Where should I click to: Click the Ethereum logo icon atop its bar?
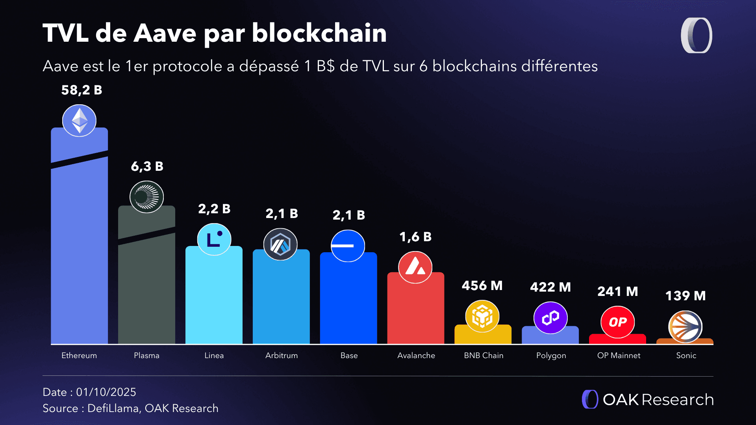[79, 120]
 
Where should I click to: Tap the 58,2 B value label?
[82, 90]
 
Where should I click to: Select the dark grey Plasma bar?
[146, 291]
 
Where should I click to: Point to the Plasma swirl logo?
[146, 197]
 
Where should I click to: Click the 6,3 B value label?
[147, 166]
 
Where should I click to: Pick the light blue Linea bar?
[214, 299]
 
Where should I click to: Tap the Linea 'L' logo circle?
[214, 239]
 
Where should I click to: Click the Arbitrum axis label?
[282, 355]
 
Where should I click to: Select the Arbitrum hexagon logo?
[280, 244]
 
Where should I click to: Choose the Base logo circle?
[348, 246]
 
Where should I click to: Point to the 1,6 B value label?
[415, 237]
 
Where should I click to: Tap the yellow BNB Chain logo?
[482, 316]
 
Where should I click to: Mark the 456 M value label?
[482, 286]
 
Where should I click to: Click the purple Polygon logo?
[550, 318]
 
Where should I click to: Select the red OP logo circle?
[617, 322]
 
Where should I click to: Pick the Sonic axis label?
[686, 355]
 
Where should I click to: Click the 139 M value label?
[686, 296]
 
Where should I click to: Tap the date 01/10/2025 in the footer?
[106, 392]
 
